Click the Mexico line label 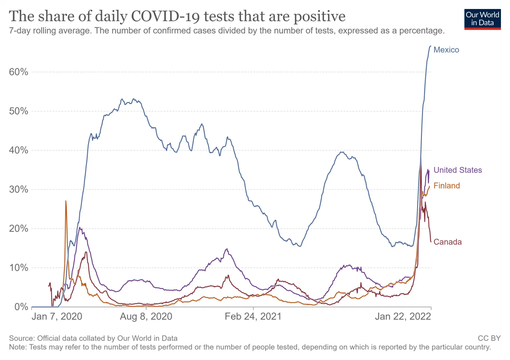pos(446,50)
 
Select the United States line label pos(457,170)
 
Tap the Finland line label pos(447,186)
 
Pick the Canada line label pos(447,242)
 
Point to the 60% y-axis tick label pos(19,72)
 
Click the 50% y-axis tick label pos(19,111)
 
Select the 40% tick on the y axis pos(19,150)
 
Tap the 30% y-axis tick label pos(19,190)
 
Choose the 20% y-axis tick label pos(19,229)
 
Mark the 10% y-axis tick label pos(19,268)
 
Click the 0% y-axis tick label pos(21,307)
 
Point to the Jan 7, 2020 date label pos(57,316)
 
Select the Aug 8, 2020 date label pos(146,316)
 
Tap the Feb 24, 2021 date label pos(253,316)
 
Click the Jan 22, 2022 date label pos(403,316)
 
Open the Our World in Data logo pos(482,19)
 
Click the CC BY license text pos(489,338)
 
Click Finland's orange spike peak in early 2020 pos(66,201)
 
